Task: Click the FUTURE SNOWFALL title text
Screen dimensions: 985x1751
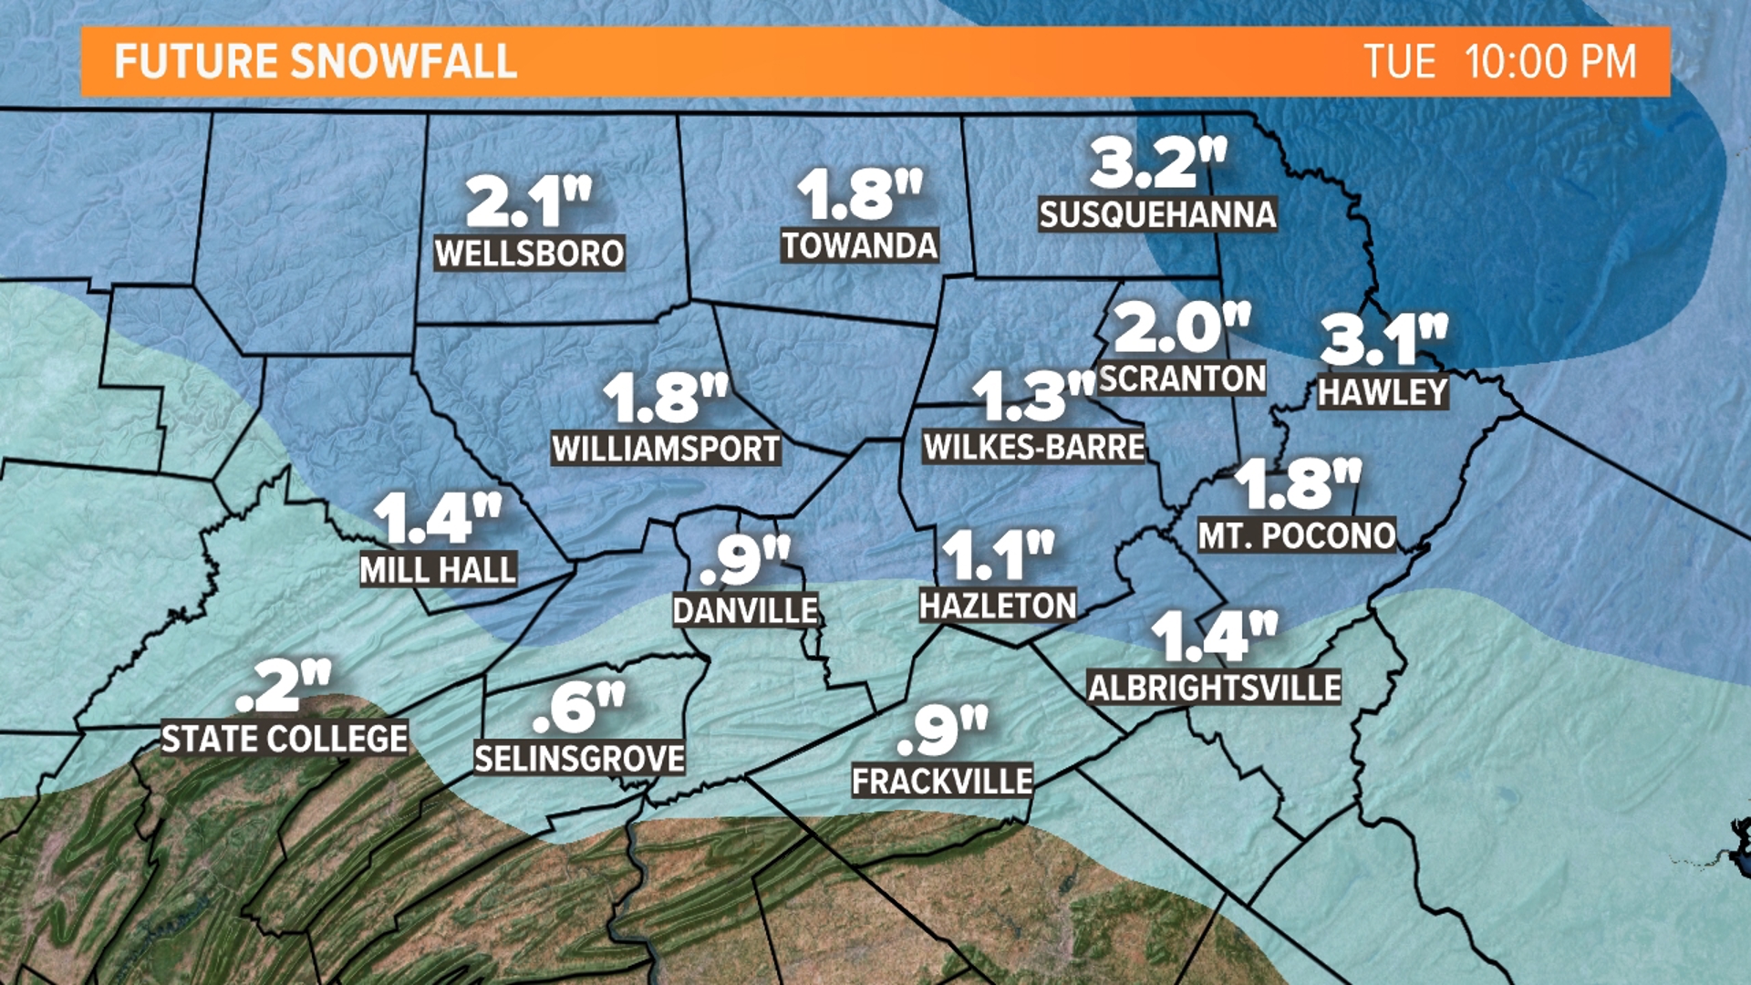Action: coord(316,62)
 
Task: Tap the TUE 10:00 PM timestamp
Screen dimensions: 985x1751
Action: coord(1499,62)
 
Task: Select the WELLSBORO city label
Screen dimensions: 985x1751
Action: coord(529,254)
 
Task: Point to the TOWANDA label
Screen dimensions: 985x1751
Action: coord(859,246)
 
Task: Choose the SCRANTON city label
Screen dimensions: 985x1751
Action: coord(1182,378)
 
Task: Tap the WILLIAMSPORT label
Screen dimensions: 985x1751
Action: coord(666,449)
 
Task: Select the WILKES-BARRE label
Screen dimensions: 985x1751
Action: coord(1033,447)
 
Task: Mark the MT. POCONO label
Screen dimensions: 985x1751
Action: coord(1296,535)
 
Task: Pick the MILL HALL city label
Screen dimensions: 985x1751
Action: coord(439,570)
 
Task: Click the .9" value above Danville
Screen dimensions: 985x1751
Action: coord(744,560)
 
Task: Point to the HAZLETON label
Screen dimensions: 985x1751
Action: coord(998,606)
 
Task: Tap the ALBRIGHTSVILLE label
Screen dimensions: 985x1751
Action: coord(1214,688)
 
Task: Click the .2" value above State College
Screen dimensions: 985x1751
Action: coord(282,686)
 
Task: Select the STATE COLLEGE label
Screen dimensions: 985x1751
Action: coord(284,739)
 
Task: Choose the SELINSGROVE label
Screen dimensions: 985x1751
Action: coord(579,759)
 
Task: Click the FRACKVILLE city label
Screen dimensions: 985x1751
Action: coord(942,781)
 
